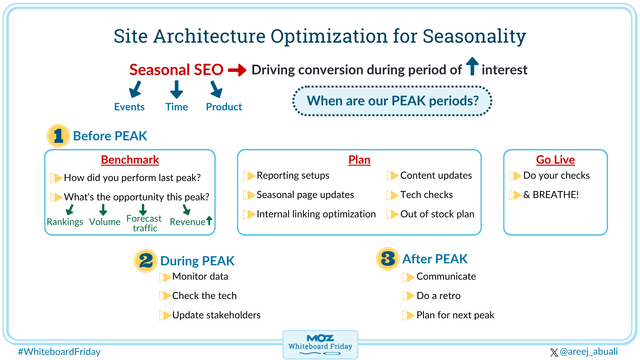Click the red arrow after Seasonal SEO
237,70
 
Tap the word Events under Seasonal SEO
129,107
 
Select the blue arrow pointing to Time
176,89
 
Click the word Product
224,107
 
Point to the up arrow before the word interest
472,66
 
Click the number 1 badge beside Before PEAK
58,136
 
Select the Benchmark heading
130,160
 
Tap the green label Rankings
65,222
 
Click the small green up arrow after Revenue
209,220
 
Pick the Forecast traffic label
144,223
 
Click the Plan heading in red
359,160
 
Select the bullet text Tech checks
426,195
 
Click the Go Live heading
555,160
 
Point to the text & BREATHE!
551,195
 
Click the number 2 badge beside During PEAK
146,261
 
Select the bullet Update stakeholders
216,315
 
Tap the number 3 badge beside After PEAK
388,259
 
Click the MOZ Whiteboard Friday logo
320,344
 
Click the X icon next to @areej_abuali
554,352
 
